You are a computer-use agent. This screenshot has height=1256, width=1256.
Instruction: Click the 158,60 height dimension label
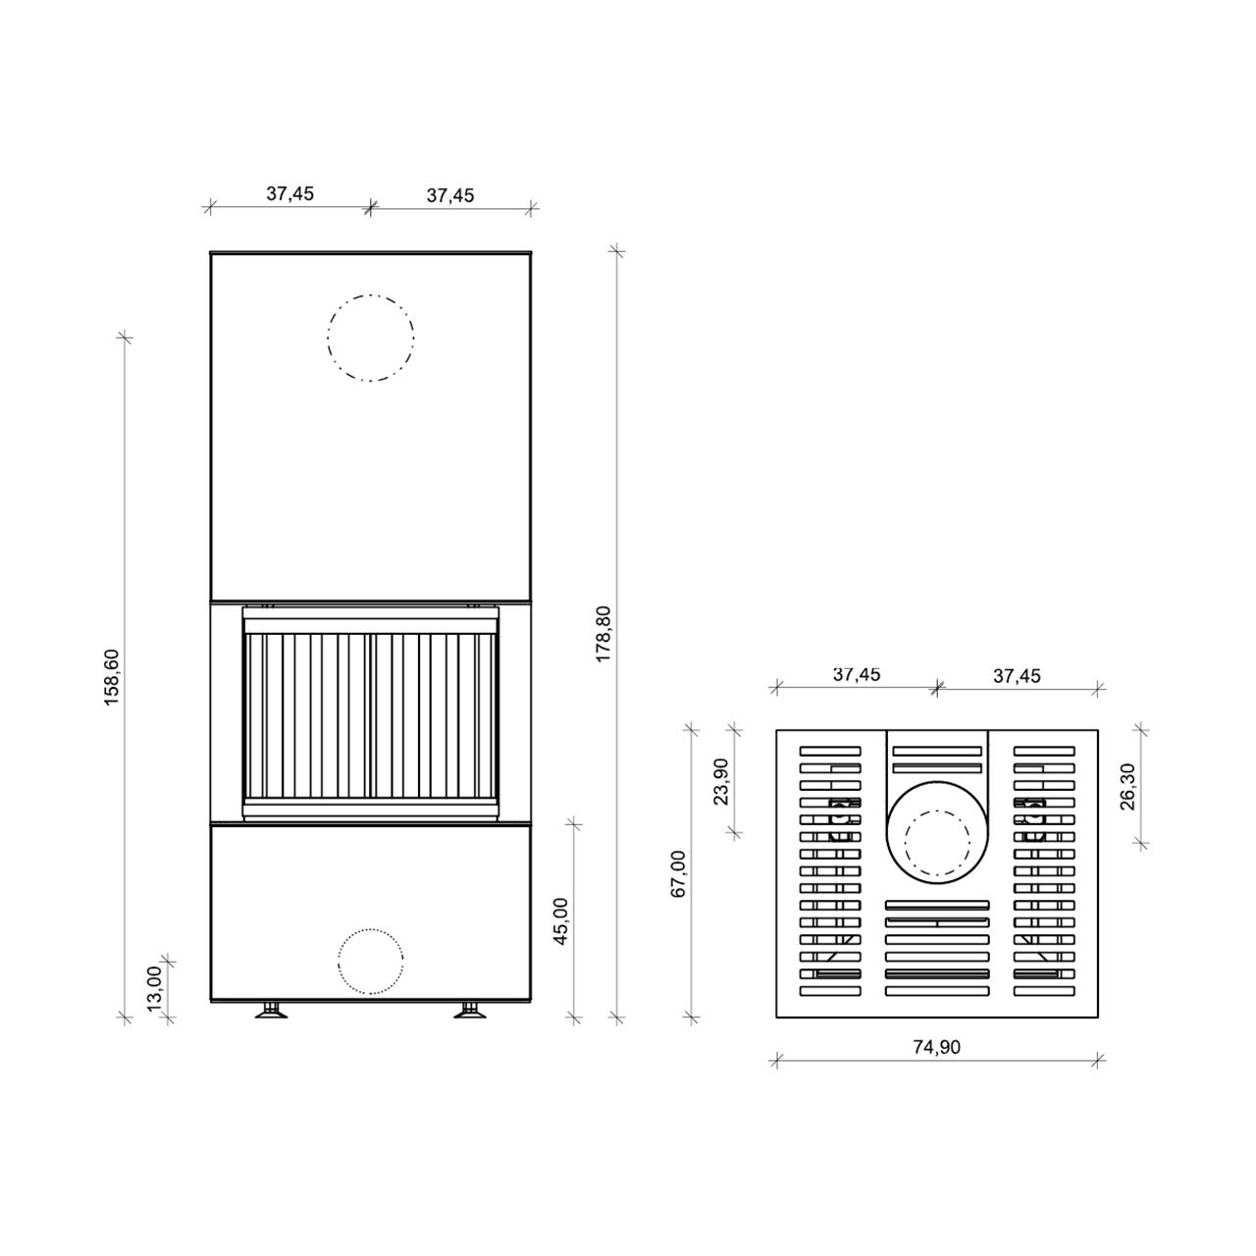pyautogui.click(x=112, y=677)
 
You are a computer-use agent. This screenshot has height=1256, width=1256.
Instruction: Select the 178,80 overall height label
pyautogui.click(x=602, y=634)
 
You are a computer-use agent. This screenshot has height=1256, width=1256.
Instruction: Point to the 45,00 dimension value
pyautogui.click(x=560, y=920)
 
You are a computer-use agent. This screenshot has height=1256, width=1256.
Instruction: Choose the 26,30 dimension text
pyautogui.click(x=1127, y=787)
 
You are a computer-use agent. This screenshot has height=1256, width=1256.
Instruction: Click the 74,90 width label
pyautogui.click(x=937, y=1047)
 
